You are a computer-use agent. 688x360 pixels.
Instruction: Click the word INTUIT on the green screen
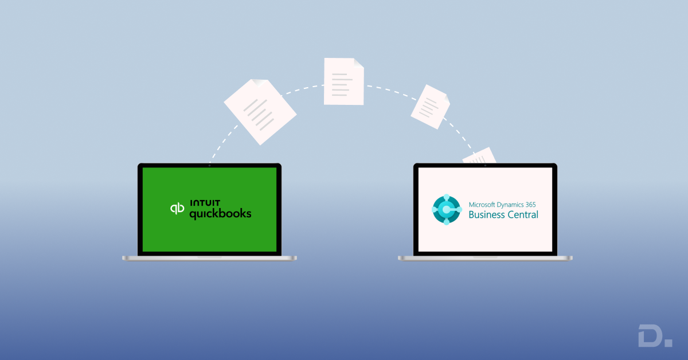(x=205, y=203)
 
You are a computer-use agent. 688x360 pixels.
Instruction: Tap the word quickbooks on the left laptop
(x=220, y=214)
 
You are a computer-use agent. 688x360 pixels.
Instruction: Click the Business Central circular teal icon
(x=446, y=209)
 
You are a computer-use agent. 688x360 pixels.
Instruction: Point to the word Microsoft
(x=485, y=204)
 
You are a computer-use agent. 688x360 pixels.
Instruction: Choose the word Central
(x=523, y=215)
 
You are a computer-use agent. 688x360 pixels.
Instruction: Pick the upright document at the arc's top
(x=343, y=81)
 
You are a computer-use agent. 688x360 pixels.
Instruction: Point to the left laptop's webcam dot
(x=209, y=166)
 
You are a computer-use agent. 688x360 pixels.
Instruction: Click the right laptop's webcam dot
(x=485, y=166)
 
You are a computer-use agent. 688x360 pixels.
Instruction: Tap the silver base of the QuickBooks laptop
(x=209, y=258)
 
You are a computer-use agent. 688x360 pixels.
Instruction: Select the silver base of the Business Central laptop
(x=485, y=258)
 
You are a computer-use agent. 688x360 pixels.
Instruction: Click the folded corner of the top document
(x=358, y=62)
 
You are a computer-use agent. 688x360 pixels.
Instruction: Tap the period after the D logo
(x=669, y=343)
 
